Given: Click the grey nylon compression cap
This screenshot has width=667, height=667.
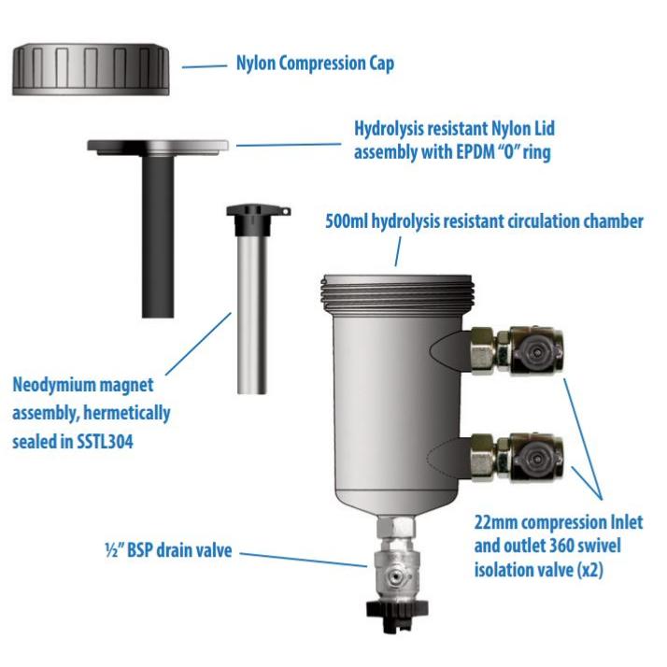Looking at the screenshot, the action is pyautogui.click(x=91, y=69).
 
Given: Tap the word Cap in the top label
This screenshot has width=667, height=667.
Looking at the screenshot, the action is pyautogui.click(x=381, y=64).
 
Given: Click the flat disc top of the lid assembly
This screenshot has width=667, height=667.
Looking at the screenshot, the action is pyautogui.click(x=158, y=147).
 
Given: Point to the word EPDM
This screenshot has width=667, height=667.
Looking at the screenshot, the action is pyautogui.click(x=457, y=152).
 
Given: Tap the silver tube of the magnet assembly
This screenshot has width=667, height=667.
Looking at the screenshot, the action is pyautogui.click(x=252, y=315).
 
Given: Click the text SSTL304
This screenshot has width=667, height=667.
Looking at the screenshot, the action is pyautogui.click(x=105, y=441).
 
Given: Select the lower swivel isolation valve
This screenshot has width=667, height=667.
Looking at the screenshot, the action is pyautogui.click(x=518, y=456).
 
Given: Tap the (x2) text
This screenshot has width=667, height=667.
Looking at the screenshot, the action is pyautogui.click(x=589, y=570).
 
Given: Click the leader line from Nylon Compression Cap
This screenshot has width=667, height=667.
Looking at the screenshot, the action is pyautogui.click(x=205, y=66).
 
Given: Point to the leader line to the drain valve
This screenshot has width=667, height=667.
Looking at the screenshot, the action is pyautogui.click(x=304, y=560).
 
